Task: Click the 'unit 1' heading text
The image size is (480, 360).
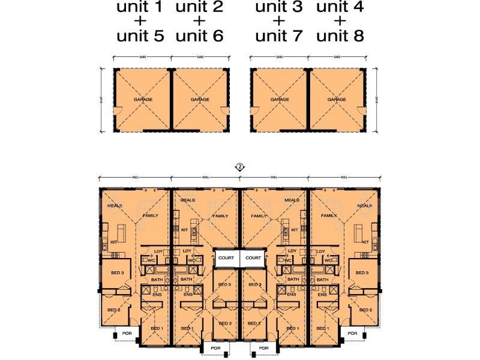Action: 140,8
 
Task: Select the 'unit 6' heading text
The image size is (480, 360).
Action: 200,36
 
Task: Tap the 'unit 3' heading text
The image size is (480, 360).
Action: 279,8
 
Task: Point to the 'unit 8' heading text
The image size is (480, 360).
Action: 340,36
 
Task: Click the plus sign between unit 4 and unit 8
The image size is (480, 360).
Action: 340,22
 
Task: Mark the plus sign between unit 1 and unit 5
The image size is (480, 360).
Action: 140,22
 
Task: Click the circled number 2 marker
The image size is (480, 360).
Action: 240,167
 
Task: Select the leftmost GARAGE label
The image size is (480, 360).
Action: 142,100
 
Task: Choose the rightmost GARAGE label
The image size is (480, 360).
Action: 337,100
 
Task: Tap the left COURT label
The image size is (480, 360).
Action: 226,258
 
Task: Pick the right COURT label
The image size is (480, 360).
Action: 253,258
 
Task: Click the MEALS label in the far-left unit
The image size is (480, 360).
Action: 115,205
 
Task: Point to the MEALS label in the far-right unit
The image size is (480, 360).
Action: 365,205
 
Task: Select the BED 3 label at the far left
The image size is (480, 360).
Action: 118,273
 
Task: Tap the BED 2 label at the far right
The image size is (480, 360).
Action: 365,310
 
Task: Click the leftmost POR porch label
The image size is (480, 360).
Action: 127,333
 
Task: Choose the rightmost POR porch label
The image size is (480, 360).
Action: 353,333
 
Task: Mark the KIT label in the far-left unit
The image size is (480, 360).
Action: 113,242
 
